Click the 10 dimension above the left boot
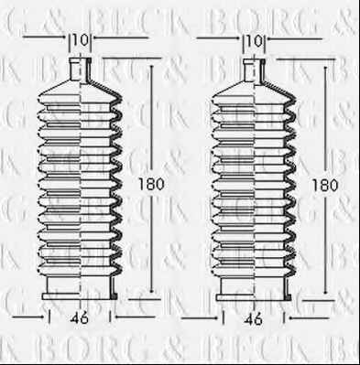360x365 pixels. click(x=81, y=39)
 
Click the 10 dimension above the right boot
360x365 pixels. click(x=255, y=41)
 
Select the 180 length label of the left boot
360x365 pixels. click(x=151, y=184)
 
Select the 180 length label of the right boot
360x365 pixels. click(x=325, y=185)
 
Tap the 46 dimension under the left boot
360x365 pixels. click(x=80, y=318)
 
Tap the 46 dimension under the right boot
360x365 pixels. click(x=254, y=319)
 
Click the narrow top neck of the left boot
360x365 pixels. click(x=81, y=70)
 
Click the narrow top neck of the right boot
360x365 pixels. click(x=254, y=70)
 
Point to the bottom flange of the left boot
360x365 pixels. click(x=80, y=296)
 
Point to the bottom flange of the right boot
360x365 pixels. click(x=254, y=297)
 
